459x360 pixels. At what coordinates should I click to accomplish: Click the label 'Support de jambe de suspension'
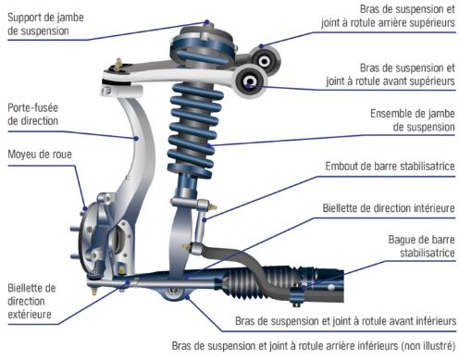(45, 24)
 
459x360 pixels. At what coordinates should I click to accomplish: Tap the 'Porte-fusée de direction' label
(32, 114)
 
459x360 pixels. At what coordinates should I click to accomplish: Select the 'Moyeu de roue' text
(40, 154)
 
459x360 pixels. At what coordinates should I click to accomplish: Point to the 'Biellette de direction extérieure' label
(31, 301)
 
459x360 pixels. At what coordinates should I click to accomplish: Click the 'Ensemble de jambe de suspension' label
(413, 120)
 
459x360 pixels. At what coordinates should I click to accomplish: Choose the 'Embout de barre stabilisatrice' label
(390, 167)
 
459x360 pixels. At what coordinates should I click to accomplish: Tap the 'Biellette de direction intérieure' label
(389, 208)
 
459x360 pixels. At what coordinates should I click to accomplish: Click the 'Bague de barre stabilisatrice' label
(421, 246)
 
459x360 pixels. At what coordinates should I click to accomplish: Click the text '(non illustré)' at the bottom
(428, 346)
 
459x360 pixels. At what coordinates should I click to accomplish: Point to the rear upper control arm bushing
(265, 61)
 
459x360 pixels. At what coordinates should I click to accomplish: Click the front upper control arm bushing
(250, 81)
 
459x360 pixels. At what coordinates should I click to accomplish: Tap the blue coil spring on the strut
(194, 130)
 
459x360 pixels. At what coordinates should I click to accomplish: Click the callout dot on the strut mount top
(207, 22)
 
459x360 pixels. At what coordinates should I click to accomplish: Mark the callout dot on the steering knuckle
(136, 138)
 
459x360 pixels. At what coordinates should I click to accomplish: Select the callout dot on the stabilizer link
(205, 220)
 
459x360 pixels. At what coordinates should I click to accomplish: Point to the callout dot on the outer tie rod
(129, 282)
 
